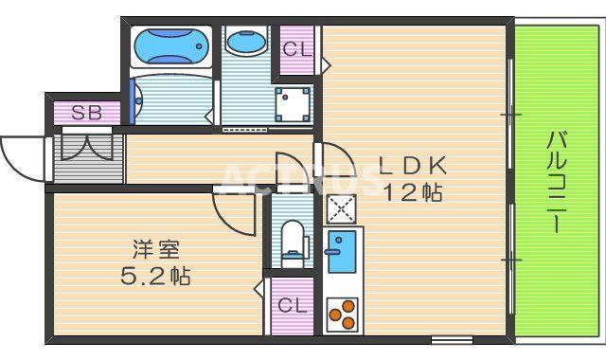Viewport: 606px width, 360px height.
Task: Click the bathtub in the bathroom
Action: tap(170, 45)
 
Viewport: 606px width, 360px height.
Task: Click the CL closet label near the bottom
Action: tap(293, 305)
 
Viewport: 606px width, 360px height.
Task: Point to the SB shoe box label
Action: tap(86, 113)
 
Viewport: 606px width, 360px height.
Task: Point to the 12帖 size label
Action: tap(413, 192)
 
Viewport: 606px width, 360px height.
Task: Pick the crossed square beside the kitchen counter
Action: tap(339, 208)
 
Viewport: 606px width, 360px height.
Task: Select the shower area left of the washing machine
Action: tap(170, 99)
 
